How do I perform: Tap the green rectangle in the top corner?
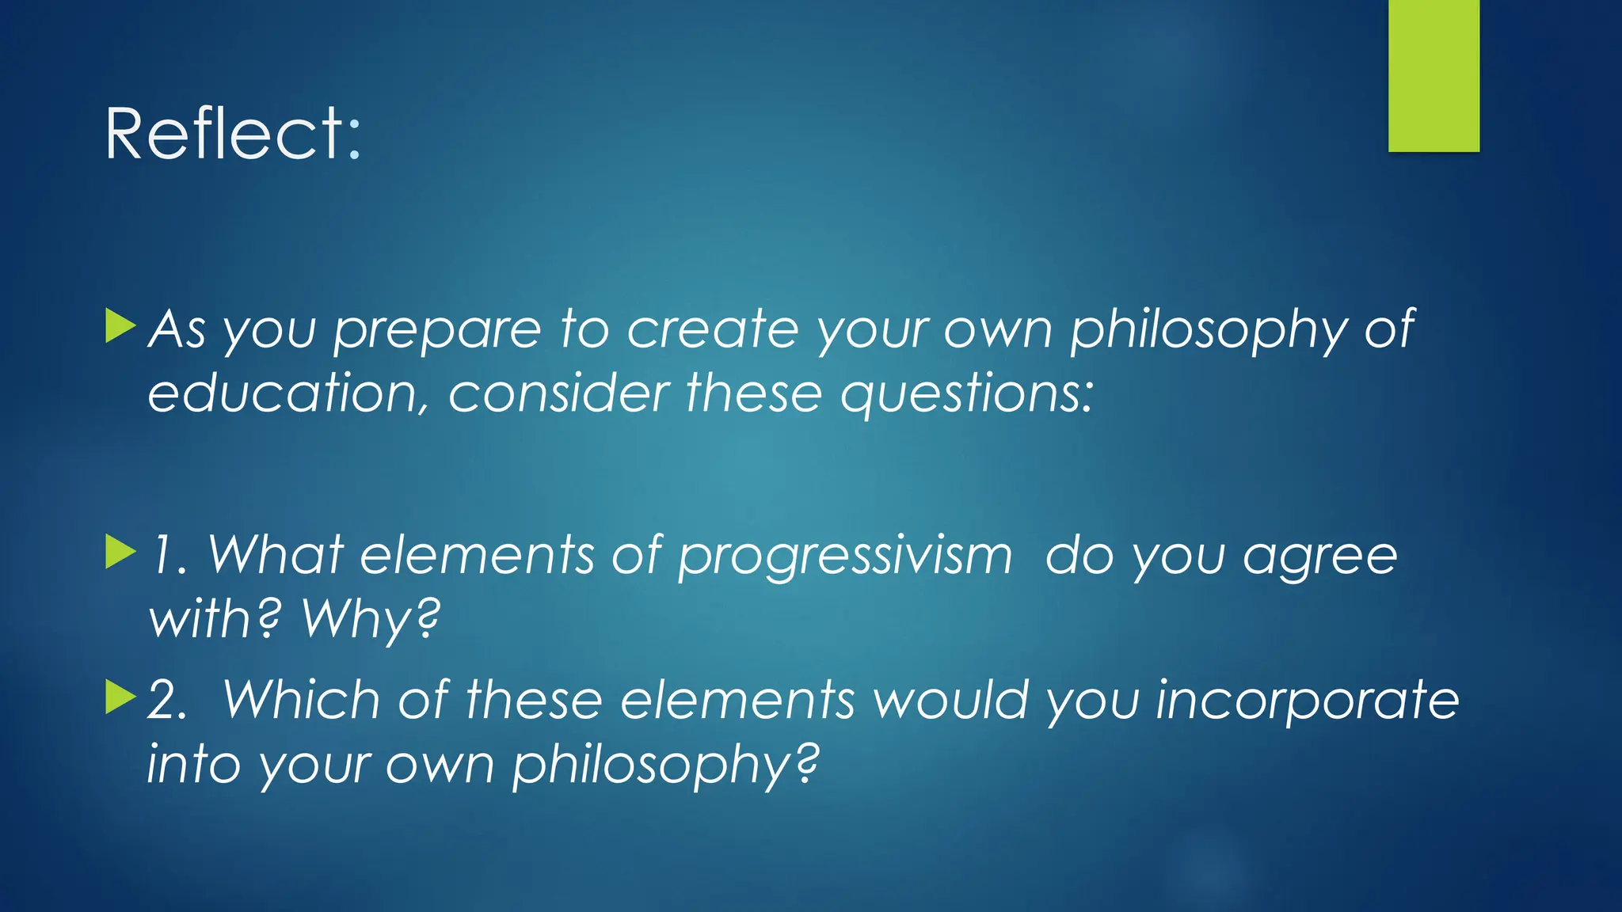[x=1434, y=75]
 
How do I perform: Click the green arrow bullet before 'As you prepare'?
[x=120, y=326]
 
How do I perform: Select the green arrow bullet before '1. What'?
[x=120, y=552]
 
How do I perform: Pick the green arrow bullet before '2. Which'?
[x=120, y=697]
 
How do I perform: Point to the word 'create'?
[x=712, y=329]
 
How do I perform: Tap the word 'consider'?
[x=558, y=394]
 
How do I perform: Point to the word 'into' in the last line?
[x=193, y=765]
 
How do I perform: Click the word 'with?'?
[x=215, y=619]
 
